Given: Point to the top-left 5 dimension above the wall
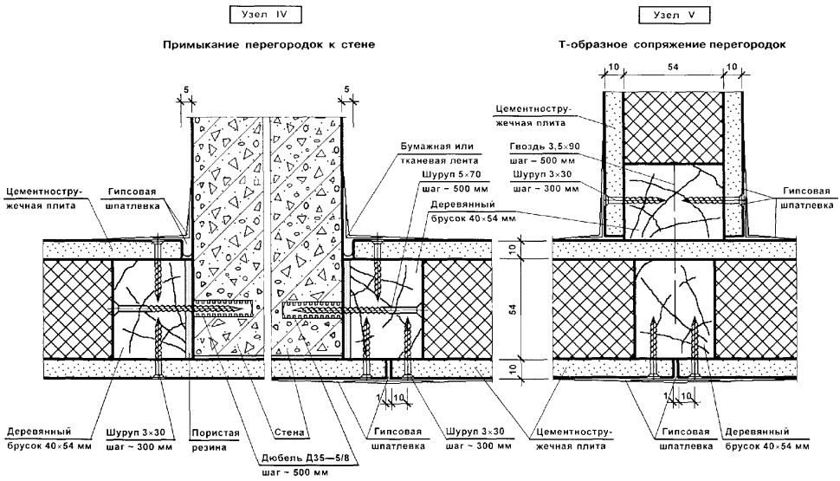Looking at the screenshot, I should coord(184,89).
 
